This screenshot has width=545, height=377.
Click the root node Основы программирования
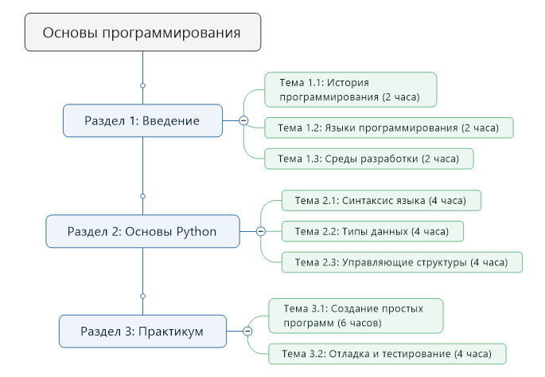[x=142, y=33]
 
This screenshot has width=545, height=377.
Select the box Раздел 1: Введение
[x=142, y=120]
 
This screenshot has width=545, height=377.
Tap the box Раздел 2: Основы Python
[x=142, y=231]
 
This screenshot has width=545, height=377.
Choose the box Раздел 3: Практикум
[x=142, y=331]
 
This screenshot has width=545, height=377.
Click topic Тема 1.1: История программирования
[x=351, y=90]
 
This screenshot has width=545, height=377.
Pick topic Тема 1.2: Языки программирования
[x=389, y=128]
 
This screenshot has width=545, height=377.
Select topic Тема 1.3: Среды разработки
[x=369, y=159]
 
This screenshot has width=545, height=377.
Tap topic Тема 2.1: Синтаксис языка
[x=382, y=199]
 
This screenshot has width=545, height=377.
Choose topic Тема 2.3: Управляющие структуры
[x=403, y=261]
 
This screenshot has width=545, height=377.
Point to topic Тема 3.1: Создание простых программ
[x=356, y=315]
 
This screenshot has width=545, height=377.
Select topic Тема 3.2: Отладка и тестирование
[x=387, y=352]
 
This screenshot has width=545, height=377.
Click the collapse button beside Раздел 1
[x=243, y=120]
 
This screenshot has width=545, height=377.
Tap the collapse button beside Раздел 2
[x=260, y=231]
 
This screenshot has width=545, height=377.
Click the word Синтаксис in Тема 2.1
[x=370, y=199]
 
